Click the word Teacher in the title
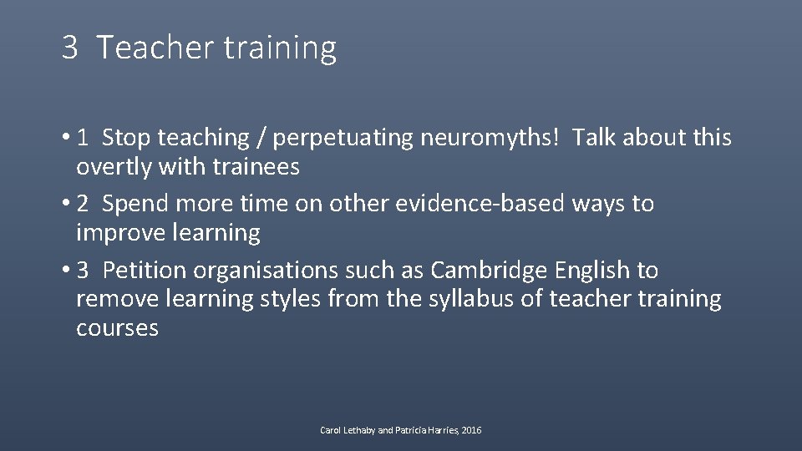coord(155,48)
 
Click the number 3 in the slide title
coord(69,48)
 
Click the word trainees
coord(257,167)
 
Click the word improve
coord(122,233)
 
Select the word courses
coord(117,327)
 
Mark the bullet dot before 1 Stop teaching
coord(64,138)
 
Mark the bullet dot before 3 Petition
coord(64,271)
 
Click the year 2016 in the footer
coord(471,430)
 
